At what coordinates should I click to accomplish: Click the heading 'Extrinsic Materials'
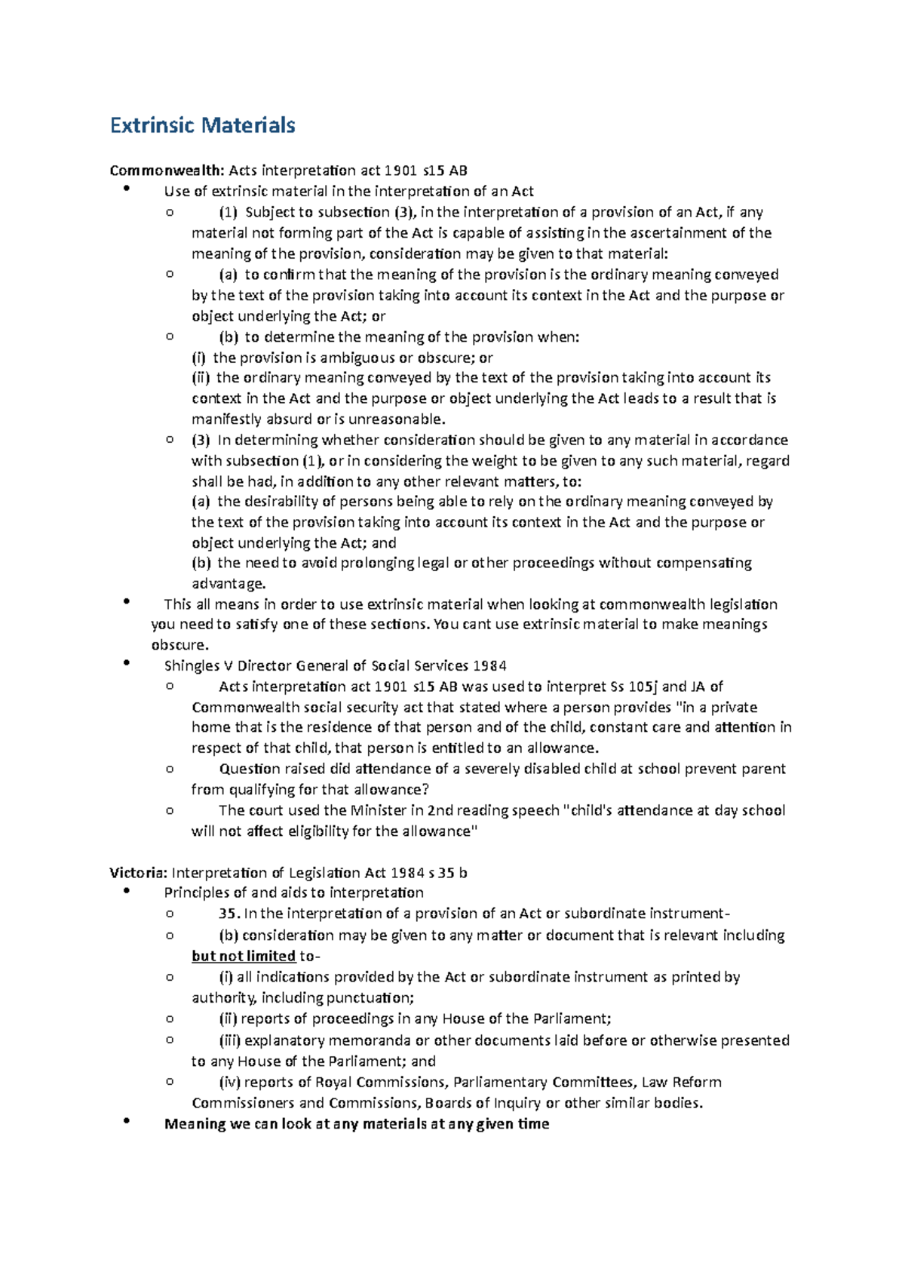click(202, 125)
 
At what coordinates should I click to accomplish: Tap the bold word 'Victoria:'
click(138, 873)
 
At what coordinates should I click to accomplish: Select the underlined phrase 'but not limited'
click(244, 956)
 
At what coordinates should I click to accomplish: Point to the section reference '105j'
click(643, 687)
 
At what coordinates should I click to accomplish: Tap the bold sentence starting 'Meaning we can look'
click(357, 1123)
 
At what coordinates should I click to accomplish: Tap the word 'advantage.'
click(229, 583)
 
